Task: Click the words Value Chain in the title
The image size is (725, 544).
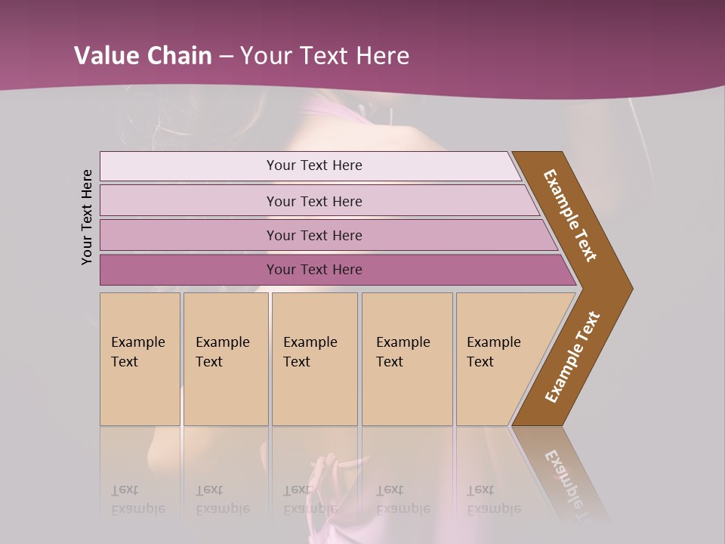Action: tap(143, 56)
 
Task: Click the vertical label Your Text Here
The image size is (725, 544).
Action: tap(87, 217)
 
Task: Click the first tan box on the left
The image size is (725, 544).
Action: tap(140, 359)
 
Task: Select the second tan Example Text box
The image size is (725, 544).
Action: tap(225, 359)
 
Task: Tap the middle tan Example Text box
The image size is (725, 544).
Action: tap(314, 359)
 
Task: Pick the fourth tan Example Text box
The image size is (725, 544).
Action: tap(406, 359)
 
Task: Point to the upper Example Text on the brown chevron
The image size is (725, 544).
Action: tap(570, 215)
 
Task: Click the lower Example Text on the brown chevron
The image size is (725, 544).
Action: tap(572, 357)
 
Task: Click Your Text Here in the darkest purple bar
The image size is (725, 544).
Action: tap(314, 270)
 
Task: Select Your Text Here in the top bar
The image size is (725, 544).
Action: tap(314, 165)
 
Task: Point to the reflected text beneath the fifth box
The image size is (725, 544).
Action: tap(493, 499)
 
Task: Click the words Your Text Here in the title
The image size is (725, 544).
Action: tap(325, 56)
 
